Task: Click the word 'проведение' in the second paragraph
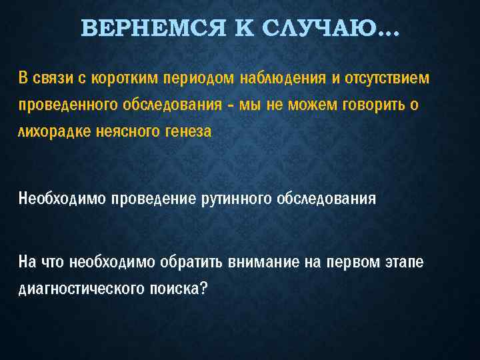(155, 198)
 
